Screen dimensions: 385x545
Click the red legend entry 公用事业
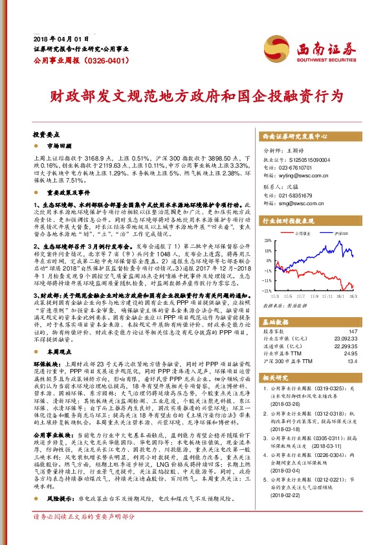[304, 232]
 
